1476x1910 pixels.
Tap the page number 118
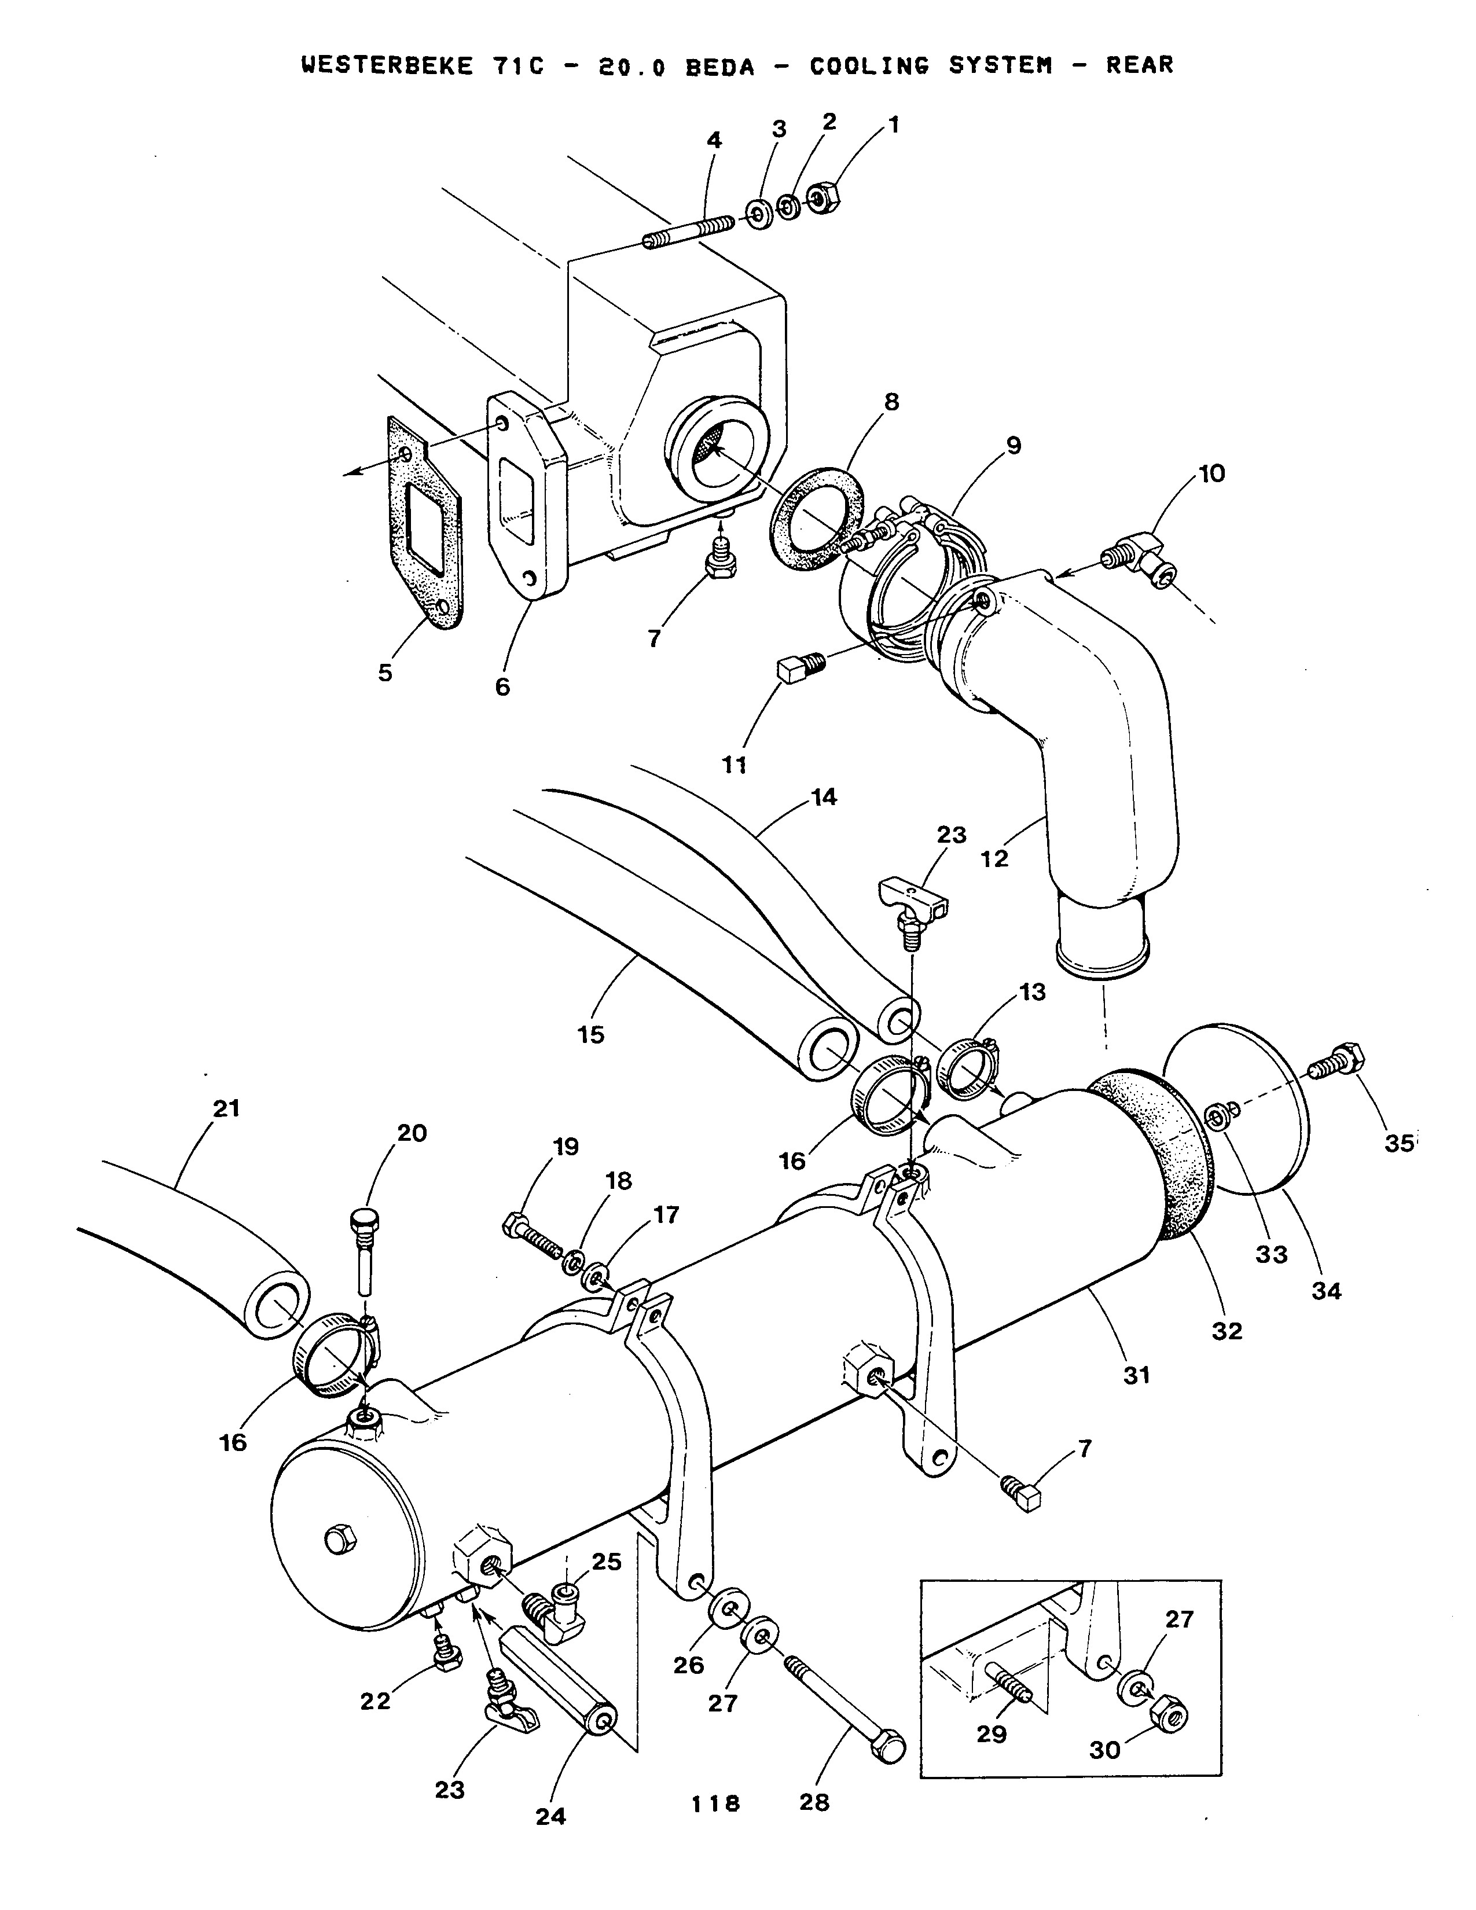(715, 1802)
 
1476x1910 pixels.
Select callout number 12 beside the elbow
(994, 859)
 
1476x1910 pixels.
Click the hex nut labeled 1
(823, 197)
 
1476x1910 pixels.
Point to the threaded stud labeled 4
(689, 233)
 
